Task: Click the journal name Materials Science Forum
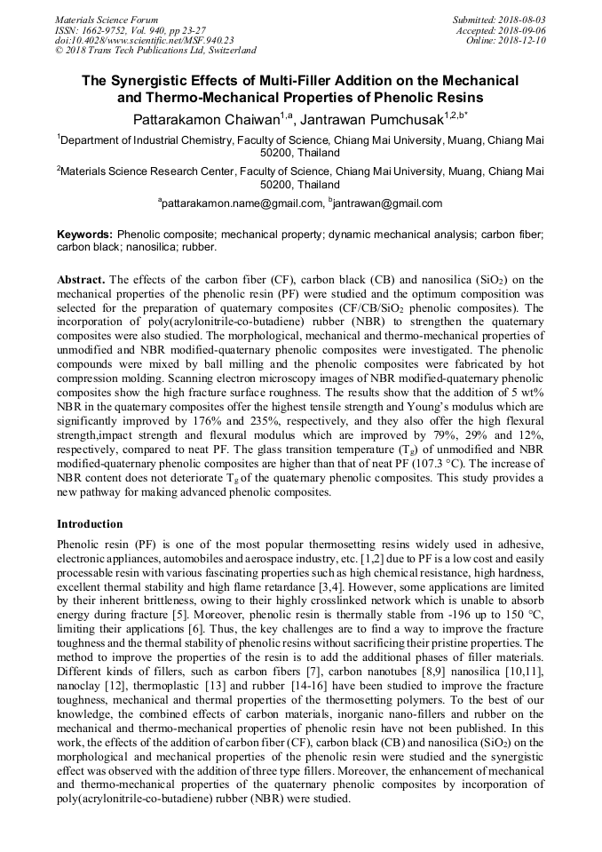[107, 19]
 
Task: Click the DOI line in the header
[145, 40]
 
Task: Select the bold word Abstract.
[81, 279]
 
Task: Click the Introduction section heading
[90, 524]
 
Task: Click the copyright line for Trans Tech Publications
[155, 51]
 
